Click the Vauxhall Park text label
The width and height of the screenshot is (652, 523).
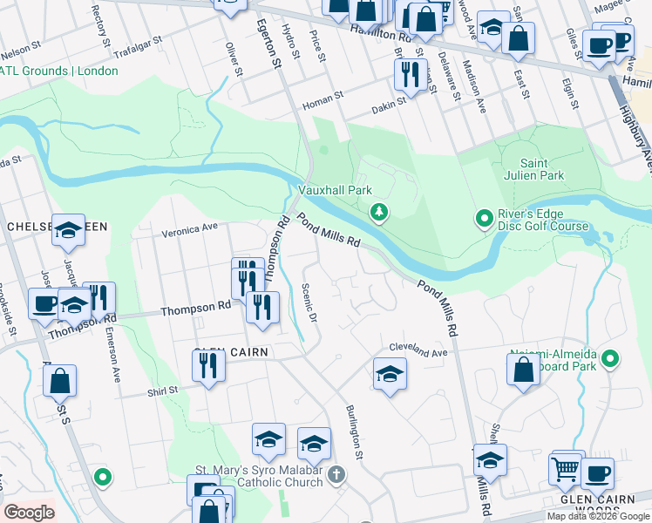tap(336, 189)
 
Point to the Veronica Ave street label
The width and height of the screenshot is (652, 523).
tap(190, 231)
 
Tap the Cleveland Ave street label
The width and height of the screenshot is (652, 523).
tap(418, 349)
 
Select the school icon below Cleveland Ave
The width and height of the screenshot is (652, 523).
tap(390, 375)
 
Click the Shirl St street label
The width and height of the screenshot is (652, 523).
tap(161, 391)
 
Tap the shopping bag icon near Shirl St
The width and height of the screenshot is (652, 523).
tap(59, 381)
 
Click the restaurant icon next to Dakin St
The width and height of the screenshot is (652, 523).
tap(410, 75)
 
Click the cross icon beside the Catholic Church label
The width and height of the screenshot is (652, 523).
tap(336, 475)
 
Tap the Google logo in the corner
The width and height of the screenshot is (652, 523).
tap(29, 513)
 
